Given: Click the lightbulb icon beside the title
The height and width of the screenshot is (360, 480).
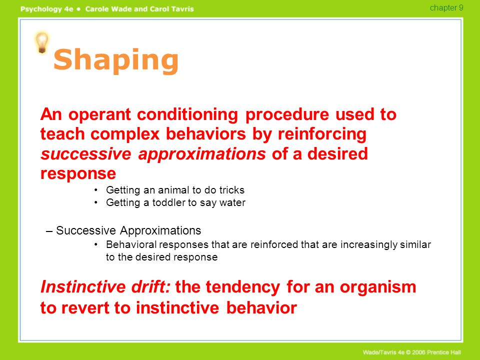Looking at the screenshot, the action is (x=41, y=43).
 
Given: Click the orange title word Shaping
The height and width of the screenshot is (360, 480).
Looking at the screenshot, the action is (x=116, y=60).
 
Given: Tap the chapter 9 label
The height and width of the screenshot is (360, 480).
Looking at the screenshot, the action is (x=446, y=7).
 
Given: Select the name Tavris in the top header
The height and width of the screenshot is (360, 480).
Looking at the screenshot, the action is (x=182, y=9).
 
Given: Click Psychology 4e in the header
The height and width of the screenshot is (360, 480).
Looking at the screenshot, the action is (x=47, y=9).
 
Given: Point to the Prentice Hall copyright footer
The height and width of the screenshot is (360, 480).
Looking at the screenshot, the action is (x=411, y=352).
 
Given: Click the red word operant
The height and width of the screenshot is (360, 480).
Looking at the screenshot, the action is (x=99, y=115).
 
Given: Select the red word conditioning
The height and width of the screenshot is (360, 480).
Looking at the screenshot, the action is (x=187, y=115).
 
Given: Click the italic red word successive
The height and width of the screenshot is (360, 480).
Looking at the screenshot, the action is (x=86, y=153).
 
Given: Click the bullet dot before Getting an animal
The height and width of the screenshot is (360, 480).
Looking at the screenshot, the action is (x=96, y=190).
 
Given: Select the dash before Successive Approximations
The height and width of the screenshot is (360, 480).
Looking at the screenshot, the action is (x=48, y=231).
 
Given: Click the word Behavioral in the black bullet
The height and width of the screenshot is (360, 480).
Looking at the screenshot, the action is (x=131, y=244).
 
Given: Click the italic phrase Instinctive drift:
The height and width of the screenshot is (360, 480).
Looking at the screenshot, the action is (x=105, y=287).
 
